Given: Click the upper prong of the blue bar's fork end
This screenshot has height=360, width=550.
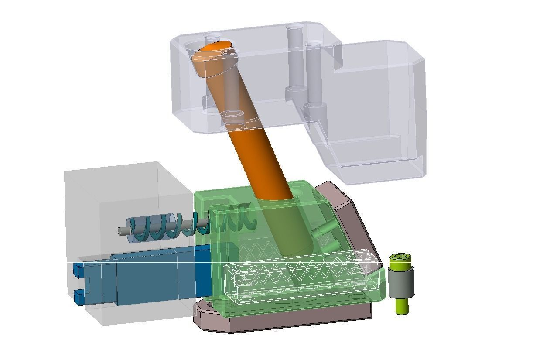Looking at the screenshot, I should click(x=78, y=269).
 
